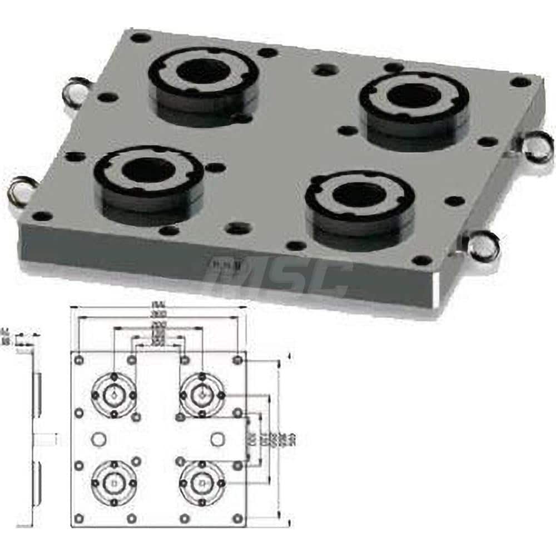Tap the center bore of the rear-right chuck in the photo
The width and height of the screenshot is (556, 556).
[414, 96]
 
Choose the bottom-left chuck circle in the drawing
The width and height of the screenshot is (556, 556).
[114, 483]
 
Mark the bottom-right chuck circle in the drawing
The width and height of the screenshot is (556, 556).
[202, 483]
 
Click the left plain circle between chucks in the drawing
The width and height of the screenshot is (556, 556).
[99, 439]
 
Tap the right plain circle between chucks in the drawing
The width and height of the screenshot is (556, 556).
[217, 439]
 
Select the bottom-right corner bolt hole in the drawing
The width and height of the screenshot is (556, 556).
[238, 518]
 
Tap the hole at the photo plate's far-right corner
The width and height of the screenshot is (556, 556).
[520, 82]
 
